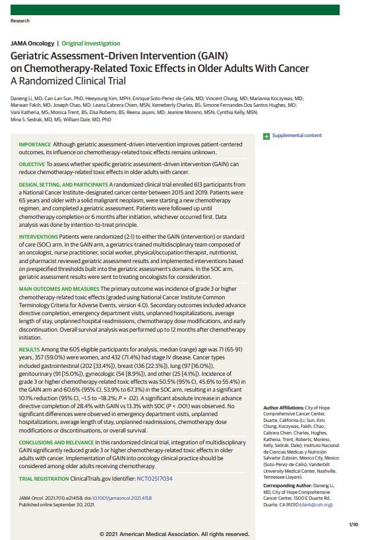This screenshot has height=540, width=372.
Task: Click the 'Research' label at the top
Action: pos(20,21)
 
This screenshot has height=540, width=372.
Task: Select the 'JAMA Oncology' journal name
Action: pos(32,43)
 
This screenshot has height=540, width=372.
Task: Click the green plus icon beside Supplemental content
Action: pos(266,136)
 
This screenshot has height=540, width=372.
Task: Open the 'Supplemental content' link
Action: pos(297,136)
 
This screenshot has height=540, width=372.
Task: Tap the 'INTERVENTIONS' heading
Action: pos(38,236)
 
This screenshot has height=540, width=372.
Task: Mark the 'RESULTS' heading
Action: pos(29,347)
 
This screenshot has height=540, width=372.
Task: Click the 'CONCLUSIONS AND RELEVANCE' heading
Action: pos(55,441)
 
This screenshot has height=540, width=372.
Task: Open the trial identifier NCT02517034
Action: pos(154,479)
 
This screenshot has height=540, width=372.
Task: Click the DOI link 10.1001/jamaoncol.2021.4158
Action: pos(104,497)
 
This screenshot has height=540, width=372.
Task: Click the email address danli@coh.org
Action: pos(316,504)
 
